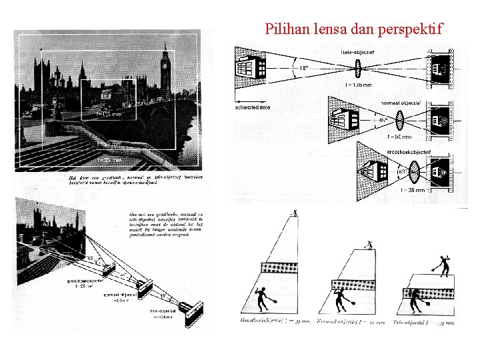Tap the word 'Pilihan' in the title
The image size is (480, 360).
(x=285, y=29)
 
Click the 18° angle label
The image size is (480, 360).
(x=303, y=67)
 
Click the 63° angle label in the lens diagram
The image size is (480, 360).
(x=401, y=172)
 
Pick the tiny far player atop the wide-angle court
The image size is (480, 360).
(x=295, y=213)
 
